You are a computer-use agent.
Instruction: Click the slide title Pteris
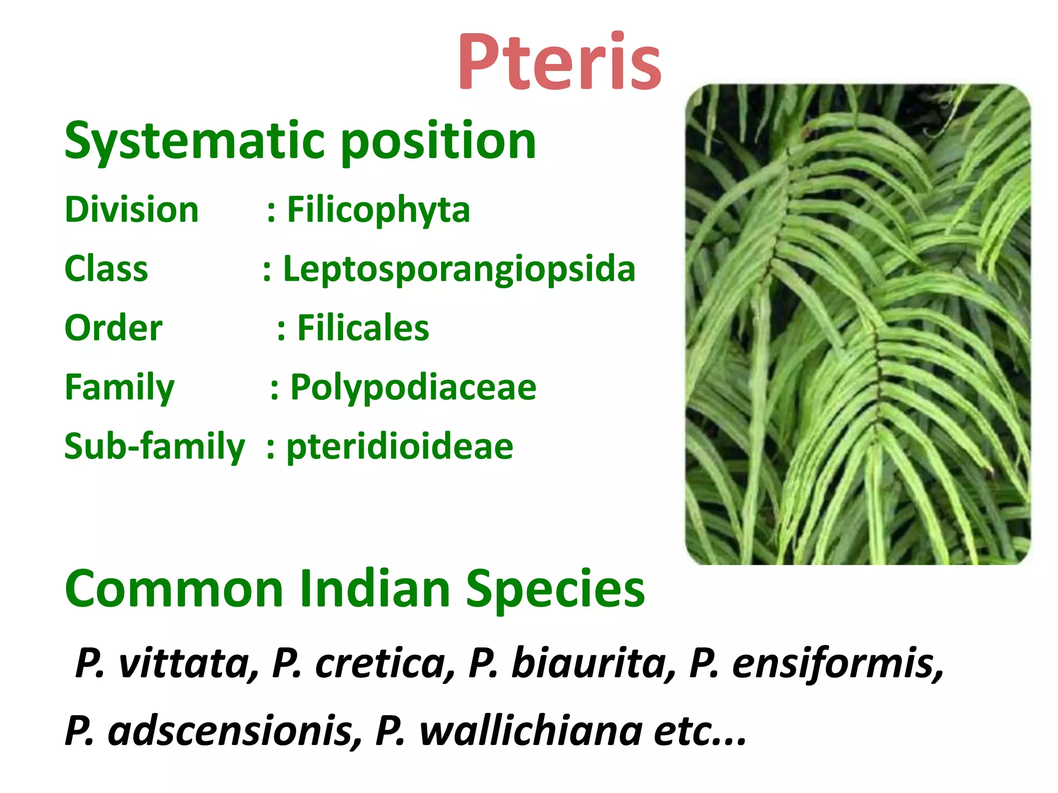click(x=559, y=62)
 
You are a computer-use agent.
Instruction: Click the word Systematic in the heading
click(x=194, y=141)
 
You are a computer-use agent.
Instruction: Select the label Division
click(x=132, y=210)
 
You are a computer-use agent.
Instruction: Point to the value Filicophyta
click(x=378, y=210)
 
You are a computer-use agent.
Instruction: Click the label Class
click(x=106, y=269)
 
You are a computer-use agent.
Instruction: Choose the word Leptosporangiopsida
click(x=459, y=269)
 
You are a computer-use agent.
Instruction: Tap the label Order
click(x=114, y=328)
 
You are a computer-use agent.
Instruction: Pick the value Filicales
click(x=363, y=328)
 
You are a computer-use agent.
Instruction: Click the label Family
click(x=120, y=387)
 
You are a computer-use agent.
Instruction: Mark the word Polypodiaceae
click(x=413, y=388)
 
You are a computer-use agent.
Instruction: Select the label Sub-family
click(x=154, y=447)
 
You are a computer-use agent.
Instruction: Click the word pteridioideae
click(x=400, y=447)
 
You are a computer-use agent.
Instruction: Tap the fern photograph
click(x=858, y=324)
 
